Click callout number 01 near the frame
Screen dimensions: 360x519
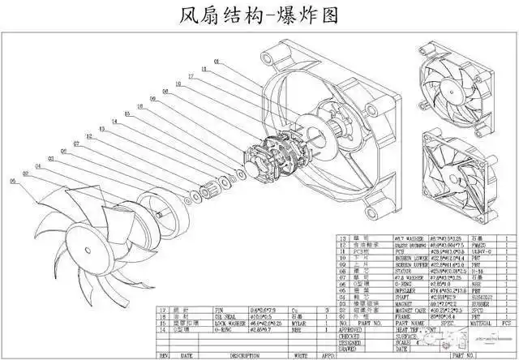point(217,62)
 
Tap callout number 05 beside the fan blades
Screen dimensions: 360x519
point(13,181)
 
